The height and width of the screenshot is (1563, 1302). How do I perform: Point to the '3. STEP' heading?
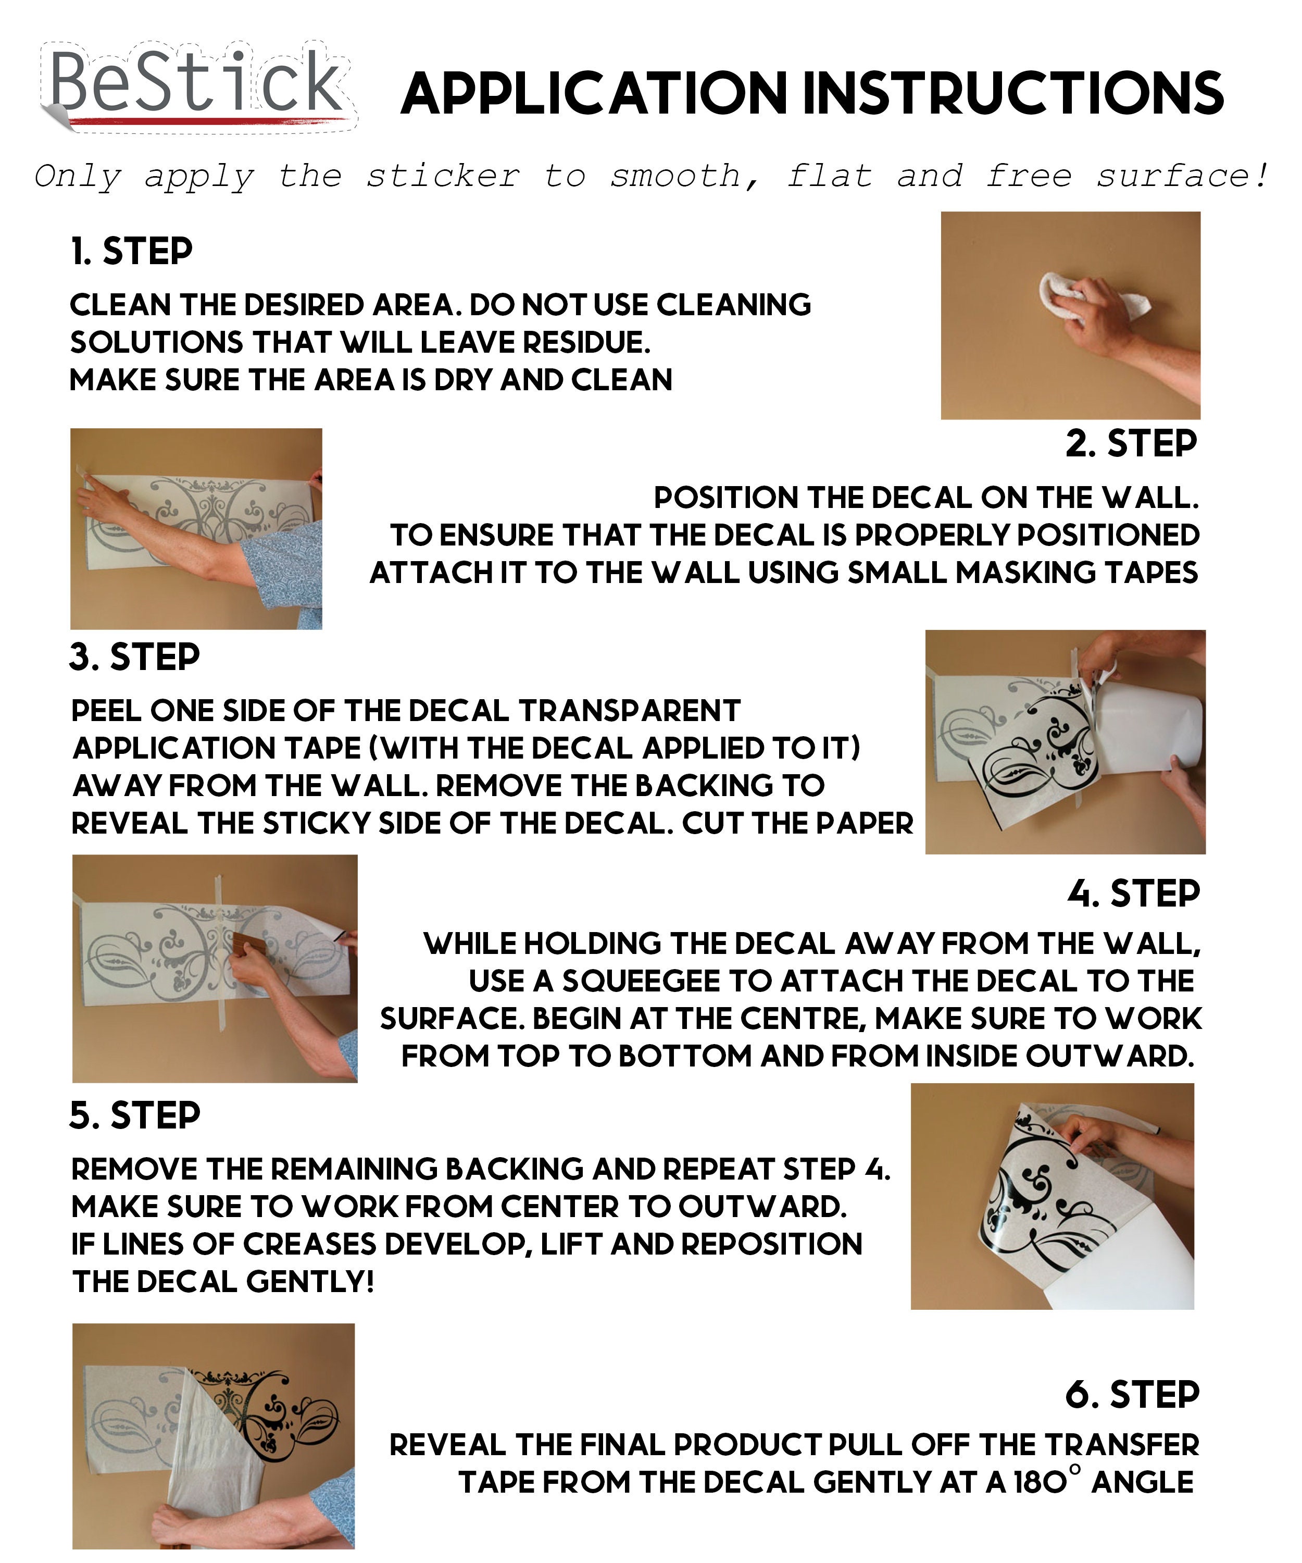tap(135, 657)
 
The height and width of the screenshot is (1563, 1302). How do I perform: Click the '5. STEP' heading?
tap(135, 1115)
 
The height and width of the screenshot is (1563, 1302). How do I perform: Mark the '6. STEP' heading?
tap(1132, 1394)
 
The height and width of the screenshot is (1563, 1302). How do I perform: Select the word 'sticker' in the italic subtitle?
tap(443, 177)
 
